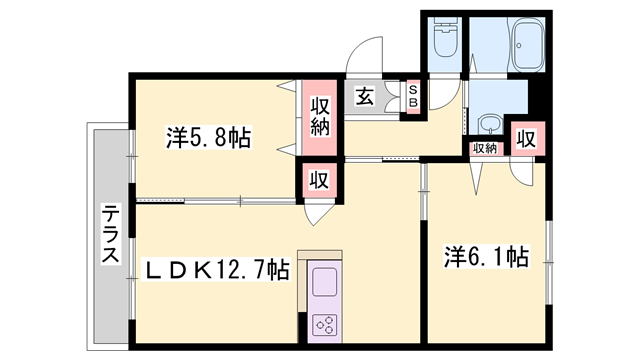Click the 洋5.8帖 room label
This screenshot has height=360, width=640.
(x=207, y=137)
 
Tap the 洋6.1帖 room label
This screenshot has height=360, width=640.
(x=486, y=257)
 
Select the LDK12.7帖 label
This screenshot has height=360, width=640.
(x=218, y=269)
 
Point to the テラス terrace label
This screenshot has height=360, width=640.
(x=109, y=235)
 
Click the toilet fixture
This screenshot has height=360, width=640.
(x=444, y=45)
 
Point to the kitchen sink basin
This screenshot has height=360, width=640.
(x=326, y=283)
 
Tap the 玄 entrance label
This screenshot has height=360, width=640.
(x=364, y=97)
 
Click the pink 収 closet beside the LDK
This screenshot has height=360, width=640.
(x=319, y=181)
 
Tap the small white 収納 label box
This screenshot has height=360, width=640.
(x=485, y=149)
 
